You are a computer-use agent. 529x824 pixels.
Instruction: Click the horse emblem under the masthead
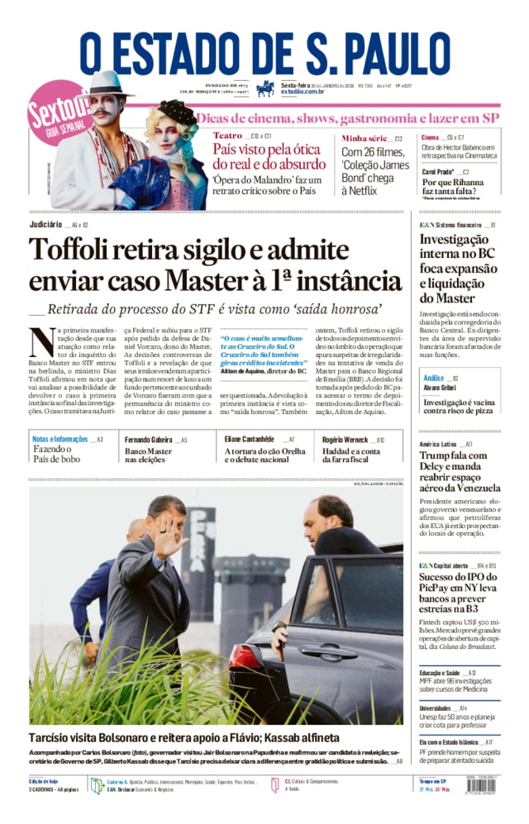265,88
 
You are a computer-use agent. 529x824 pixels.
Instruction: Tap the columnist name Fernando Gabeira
148,440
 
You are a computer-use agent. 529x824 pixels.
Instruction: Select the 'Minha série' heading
364,138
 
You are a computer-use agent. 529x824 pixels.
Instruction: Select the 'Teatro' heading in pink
227,135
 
